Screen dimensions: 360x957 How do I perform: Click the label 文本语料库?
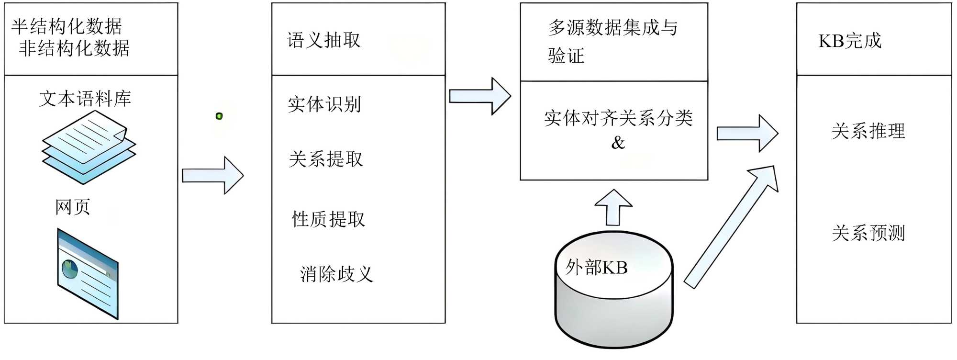coord(85,99)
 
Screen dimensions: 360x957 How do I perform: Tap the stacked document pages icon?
coord(89,147)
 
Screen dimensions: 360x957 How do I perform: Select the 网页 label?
coord(73,207)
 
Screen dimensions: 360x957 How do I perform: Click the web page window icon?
coord(88,273)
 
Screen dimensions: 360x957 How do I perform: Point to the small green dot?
coord(219,116)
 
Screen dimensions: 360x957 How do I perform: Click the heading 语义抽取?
coord(324,40)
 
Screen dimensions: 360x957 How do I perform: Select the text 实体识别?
coord(324,104)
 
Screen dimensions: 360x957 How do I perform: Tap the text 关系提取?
coord(326,159)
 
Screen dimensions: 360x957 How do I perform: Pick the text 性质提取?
coord(329,219)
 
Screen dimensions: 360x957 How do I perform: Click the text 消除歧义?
coord(336,274)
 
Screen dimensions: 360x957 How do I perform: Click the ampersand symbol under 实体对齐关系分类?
coord(618,143)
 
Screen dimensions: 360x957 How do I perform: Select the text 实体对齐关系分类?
coord(618,118)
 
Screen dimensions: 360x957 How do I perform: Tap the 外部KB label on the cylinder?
coord(596,267)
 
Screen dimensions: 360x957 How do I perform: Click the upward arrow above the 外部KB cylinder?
coord(613,207)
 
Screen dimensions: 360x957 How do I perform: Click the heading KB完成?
coord(850,41)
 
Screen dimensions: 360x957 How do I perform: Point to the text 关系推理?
coord(868,131)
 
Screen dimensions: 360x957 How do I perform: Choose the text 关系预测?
coord(868,233)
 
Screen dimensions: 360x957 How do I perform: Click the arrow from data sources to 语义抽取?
coord(212,176)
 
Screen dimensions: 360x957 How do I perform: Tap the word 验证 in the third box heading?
coord(566,56)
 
